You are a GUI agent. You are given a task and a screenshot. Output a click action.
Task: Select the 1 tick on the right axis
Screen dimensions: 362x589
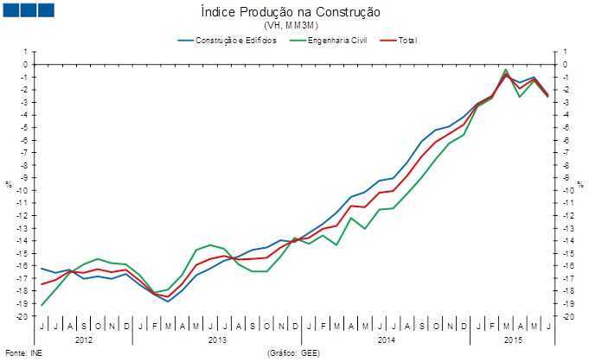[564, 51]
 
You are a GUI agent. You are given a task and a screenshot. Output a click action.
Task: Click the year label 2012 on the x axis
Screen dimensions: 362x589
[84, 340]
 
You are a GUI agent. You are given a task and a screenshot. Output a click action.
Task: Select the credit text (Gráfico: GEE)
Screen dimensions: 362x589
[295, 353]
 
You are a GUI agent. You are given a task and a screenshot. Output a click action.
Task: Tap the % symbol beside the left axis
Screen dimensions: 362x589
[9, 184]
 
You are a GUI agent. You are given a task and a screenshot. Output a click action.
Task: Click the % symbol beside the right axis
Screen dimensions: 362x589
[581, 184]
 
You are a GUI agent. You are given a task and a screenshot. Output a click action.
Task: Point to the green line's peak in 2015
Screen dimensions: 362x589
[506, 69]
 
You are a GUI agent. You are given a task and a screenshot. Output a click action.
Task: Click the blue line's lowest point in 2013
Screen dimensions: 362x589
[168, 302]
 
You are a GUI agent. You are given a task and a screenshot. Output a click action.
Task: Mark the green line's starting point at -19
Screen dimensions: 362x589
[42, 305]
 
